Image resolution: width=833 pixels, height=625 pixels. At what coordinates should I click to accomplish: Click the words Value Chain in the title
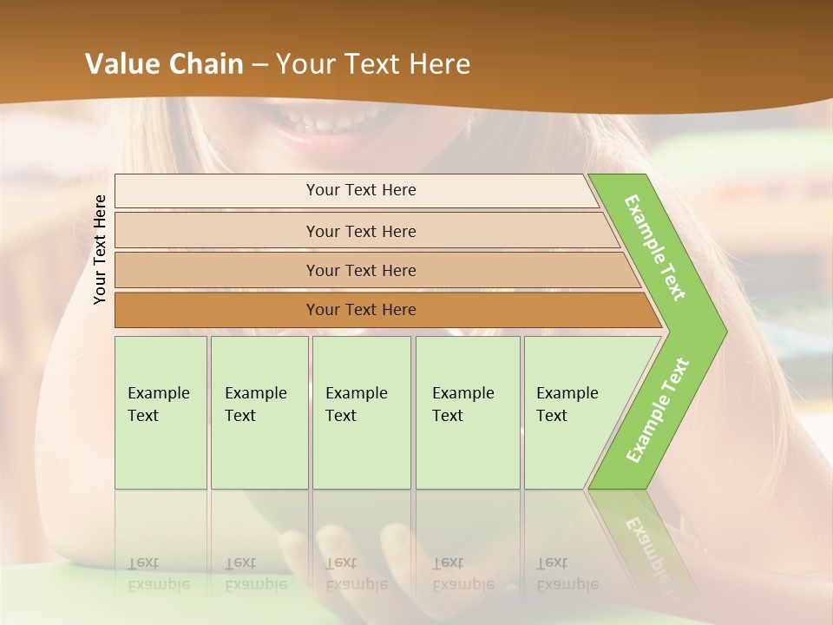(164, 64)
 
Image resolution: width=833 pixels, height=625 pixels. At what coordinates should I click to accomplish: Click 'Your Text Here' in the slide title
(373, 64)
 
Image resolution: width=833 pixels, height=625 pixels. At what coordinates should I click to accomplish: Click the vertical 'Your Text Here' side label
(100, 250)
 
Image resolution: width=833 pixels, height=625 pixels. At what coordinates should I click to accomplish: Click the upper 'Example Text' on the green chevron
(655, 247)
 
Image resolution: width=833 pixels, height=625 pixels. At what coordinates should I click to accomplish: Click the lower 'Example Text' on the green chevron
(657, 411)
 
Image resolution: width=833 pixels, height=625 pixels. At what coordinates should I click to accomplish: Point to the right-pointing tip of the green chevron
(722, 331)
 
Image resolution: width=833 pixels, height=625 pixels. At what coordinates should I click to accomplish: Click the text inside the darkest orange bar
(361, 310)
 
